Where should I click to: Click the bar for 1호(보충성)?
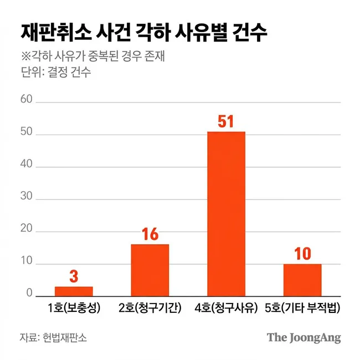click(x=74, y=291)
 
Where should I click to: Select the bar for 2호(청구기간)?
click(x=150, y=270)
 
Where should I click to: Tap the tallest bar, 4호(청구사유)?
click(x=226, y=214)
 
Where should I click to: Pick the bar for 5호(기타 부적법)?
click(x=302, y=280)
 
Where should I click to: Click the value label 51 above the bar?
click(x=226, y=121)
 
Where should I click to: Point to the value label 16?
click(x=150, y=234)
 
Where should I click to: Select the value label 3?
click(x=74, y=276)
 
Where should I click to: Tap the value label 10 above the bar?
click(x=302, y=254)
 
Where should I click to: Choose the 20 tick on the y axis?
click(x=26, y=232)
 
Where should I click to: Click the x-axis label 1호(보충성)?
click(x=74, y=308)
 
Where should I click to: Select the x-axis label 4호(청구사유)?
click(x=226, y=308)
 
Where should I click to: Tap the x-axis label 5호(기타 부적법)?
click(x=302, y=308)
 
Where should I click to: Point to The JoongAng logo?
click(x=304, y=337)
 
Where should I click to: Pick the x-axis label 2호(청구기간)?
click(x=150, y=308)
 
